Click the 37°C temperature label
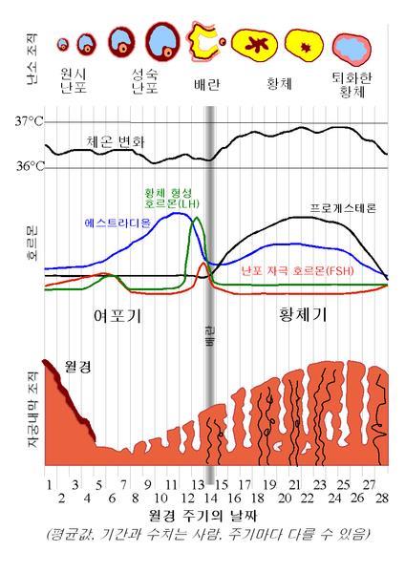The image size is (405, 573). click(29, 122)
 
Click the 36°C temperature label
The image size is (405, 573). click(29, 167)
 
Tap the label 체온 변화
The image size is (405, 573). click(119, 141)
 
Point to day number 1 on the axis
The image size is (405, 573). click(49, 485)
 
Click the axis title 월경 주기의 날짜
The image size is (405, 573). click(202, 516)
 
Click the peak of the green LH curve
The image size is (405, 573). click(197, 219)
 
